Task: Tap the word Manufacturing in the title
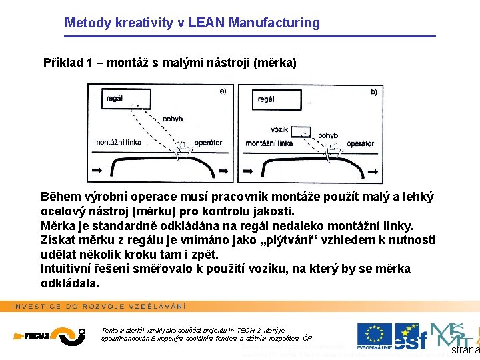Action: coord(274,23)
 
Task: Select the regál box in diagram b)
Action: coord(277,99)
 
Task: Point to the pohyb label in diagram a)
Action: coord(172,119)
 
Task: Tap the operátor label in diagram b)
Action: coord(360,143)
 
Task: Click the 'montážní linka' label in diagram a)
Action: coord(118,143)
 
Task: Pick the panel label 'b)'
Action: coord(374,92)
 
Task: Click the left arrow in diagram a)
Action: coord(98,172)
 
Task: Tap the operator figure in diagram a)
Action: coord(181,148)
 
